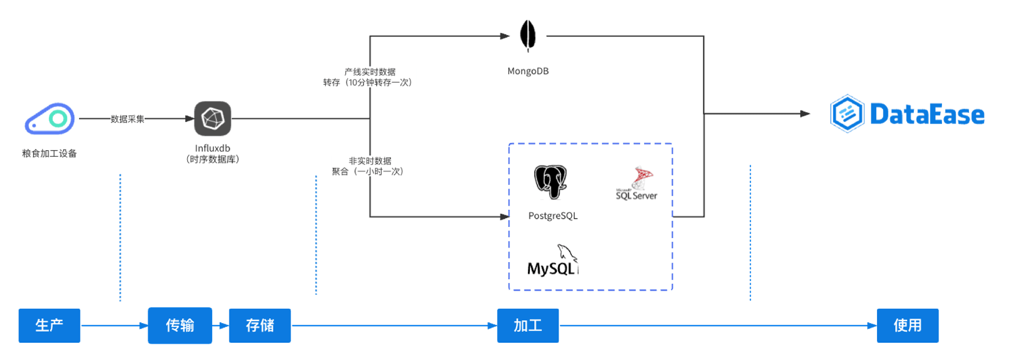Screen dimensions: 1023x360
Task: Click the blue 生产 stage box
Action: pyautogui.click(x=49, y=325)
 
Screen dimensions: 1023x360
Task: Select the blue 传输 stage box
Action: pyautogui.click(x=180, y=325)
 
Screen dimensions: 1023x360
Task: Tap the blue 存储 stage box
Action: pyautogui.click(x=260, y=325)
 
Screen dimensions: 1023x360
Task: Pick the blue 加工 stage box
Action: pyautogui.click(x=527, y=325)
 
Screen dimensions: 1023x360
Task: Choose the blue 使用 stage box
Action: pyautogui.click(x=907, y=325)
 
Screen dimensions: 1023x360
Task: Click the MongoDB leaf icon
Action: pyautogui.click(x=527, y=36)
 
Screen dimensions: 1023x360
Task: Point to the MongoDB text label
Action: pyautogui.click(x=527, y=71)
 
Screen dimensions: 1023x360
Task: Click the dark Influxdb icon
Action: pyautogui.click(x=213, y=118)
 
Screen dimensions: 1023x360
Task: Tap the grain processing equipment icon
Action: pyautogui.click(x=50, y=118)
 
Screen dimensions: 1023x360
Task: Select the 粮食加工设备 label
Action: pyautogui.click(x=49, y=153)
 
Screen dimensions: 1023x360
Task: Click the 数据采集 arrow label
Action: pyautogui.click(x=127, y=119)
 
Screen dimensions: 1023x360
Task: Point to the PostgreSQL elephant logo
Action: pyautogui.click(x=550, y=182)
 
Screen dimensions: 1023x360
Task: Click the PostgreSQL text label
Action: pyautogui.click(x=553, y=215)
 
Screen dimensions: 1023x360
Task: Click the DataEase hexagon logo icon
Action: pyautogui.click(x=847, y=113)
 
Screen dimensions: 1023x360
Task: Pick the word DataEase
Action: pyautogui.click(x=927, y=114)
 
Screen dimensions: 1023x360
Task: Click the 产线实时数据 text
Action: pyautogui.click(x=370, y=72)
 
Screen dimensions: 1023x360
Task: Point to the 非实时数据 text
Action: pyautogui.click(x=370, y=161)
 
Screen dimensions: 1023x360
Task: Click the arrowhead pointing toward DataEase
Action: pyautogui.click(x=804, y=113)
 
